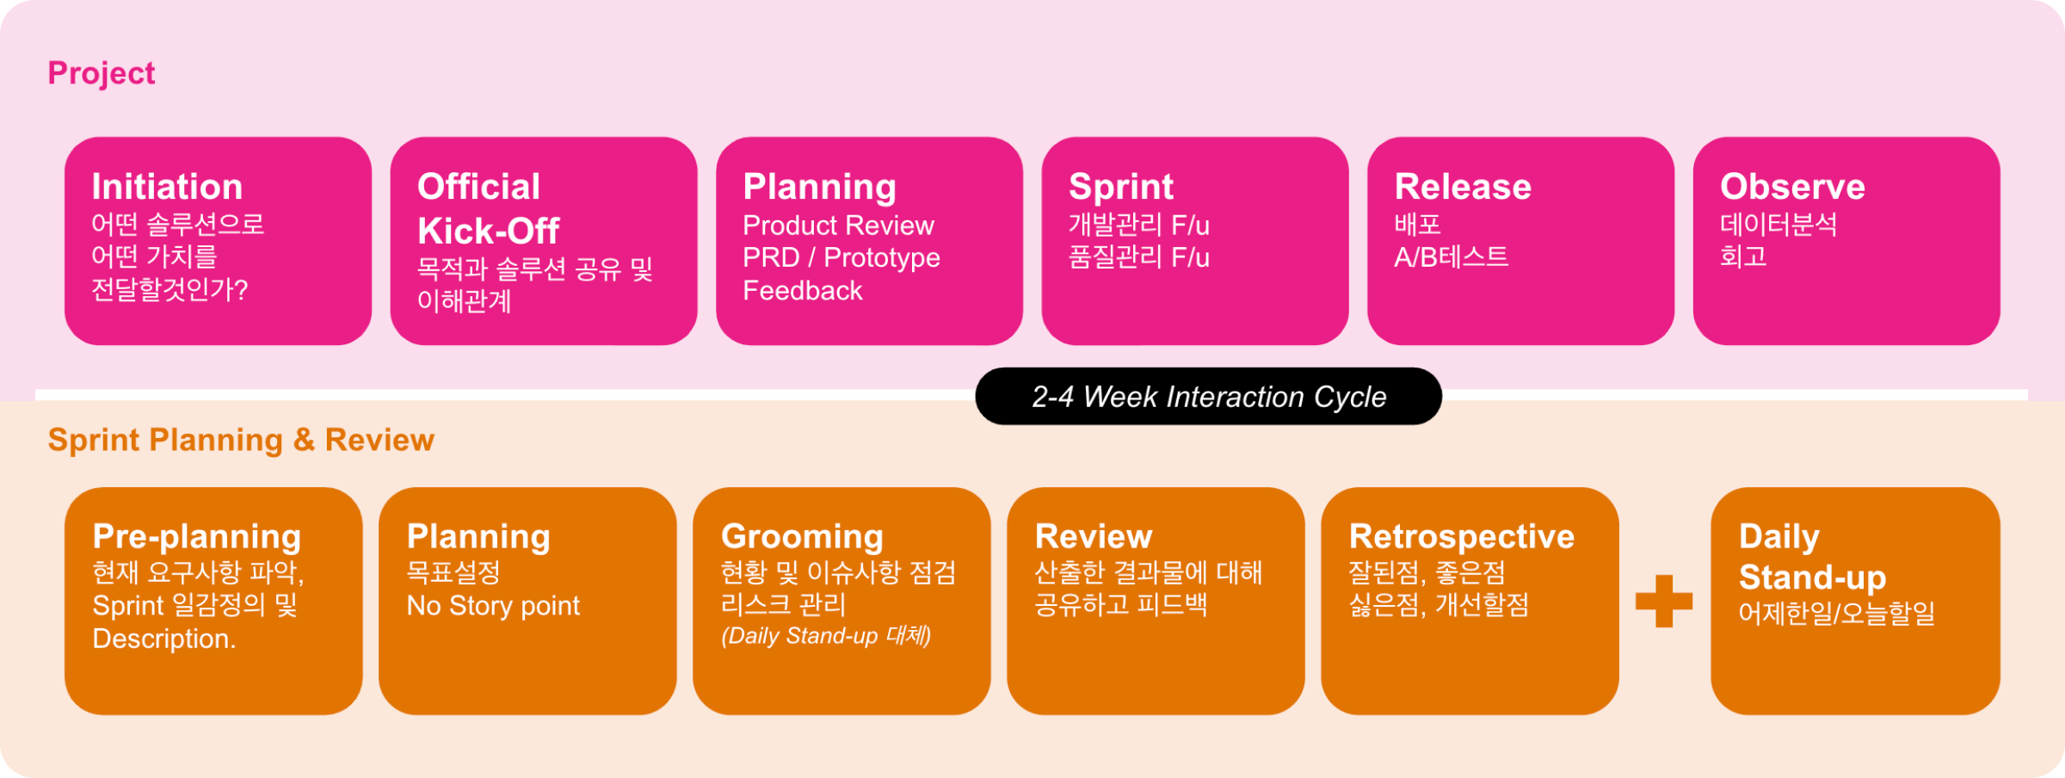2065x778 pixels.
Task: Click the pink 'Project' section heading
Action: (x=102, y=73)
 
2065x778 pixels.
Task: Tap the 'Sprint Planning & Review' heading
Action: (x=241, y=440)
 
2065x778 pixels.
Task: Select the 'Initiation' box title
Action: (x=167, y=187)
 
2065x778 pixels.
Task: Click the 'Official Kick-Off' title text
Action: (x=488, y=209)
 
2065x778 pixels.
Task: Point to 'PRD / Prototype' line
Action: (x=841, y=257)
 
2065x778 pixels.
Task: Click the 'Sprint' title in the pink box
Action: (x=1120, y=187)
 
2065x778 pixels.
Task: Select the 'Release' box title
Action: (x=1462, y=187)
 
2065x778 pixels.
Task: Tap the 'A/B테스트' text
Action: (x=1451, y=256)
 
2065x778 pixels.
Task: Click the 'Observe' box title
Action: (x=1792, y=187)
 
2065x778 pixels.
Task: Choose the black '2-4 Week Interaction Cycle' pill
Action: (x=1208, y=397)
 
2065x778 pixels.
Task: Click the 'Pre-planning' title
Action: (x=197, y=536)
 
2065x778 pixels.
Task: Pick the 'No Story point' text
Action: (x=493, y=606)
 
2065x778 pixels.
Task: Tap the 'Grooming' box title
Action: (x=802, y=536)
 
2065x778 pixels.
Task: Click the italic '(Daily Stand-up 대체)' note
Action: (x=826, y=636)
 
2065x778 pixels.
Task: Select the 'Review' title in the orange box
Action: (x=1093, y=536)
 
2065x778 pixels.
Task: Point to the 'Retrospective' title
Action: (x=1461, y=536)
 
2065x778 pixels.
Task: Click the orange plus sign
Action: (x=1663, y=601)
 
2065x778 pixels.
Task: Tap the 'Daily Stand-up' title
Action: (x=1812, y=557)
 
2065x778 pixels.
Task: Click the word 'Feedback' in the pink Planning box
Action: (x=802, y=291)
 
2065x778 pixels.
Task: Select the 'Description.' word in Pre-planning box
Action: (x=163, y=639)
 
